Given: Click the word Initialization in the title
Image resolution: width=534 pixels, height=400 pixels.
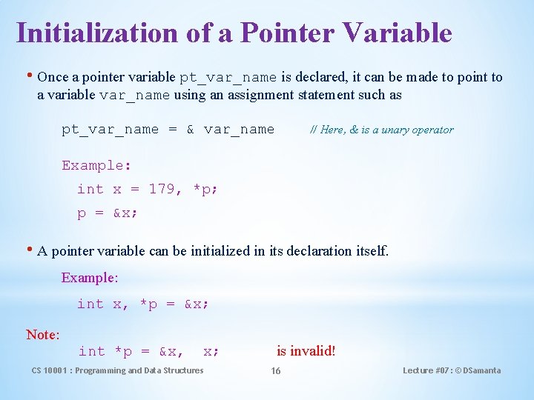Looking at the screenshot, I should [97, 33].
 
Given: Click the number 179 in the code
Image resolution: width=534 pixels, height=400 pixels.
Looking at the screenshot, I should [162, 189].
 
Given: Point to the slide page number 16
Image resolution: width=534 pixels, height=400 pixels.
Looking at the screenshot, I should [275, 370].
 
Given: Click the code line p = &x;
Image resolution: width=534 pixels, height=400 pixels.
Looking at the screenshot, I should [107, 213].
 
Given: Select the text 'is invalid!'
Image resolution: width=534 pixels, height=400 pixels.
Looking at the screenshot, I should [306, 351].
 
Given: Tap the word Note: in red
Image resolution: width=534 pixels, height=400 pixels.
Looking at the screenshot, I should [43, 335].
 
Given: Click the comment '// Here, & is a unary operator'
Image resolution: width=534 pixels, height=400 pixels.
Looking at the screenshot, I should [381, 130].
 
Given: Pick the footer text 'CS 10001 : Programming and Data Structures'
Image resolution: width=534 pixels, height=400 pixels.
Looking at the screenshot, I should [117, 370].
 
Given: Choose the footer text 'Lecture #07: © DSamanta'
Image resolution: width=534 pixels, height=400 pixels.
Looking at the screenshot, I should [451, 370].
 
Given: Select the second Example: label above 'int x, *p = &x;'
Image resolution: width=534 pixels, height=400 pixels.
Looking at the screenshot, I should [90, 278].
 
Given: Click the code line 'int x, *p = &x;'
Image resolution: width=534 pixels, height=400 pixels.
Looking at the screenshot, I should [143, 304].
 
